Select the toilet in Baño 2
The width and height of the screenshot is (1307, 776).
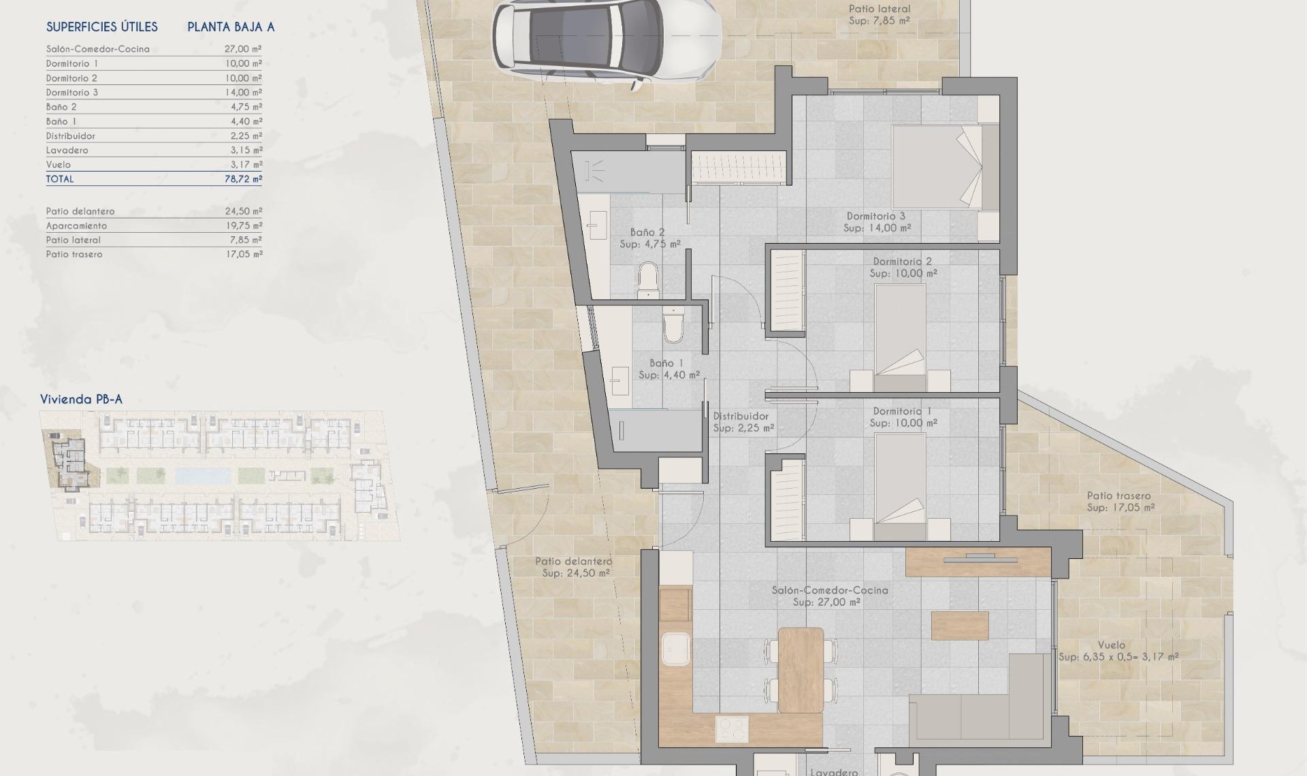tap(648, 280)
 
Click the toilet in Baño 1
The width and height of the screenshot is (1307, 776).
tap(673, 327)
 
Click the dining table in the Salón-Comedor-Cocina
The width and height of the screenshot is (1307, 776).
tap(801, 670)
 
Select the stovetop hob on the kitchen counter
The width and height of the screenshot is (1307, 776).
tap(732, 730)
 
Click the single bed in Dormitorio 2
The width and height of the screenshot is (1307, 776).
tap(900, 337)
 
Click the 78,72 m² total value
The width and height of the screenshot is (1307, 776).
tap(244, 179)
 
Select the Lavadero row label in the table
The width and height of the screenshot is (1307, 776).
tap(67, 150)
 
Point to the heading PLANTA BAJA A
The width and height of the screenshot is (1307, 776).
tap(231, 27)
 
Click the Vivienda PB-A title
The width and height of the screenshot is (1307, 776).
tap(81, 400)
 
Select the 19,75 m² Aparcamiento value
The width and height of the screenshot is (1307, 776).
tap(244, 226)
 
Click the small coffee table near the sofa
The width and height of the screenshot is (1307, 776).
tap(960, 626)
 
